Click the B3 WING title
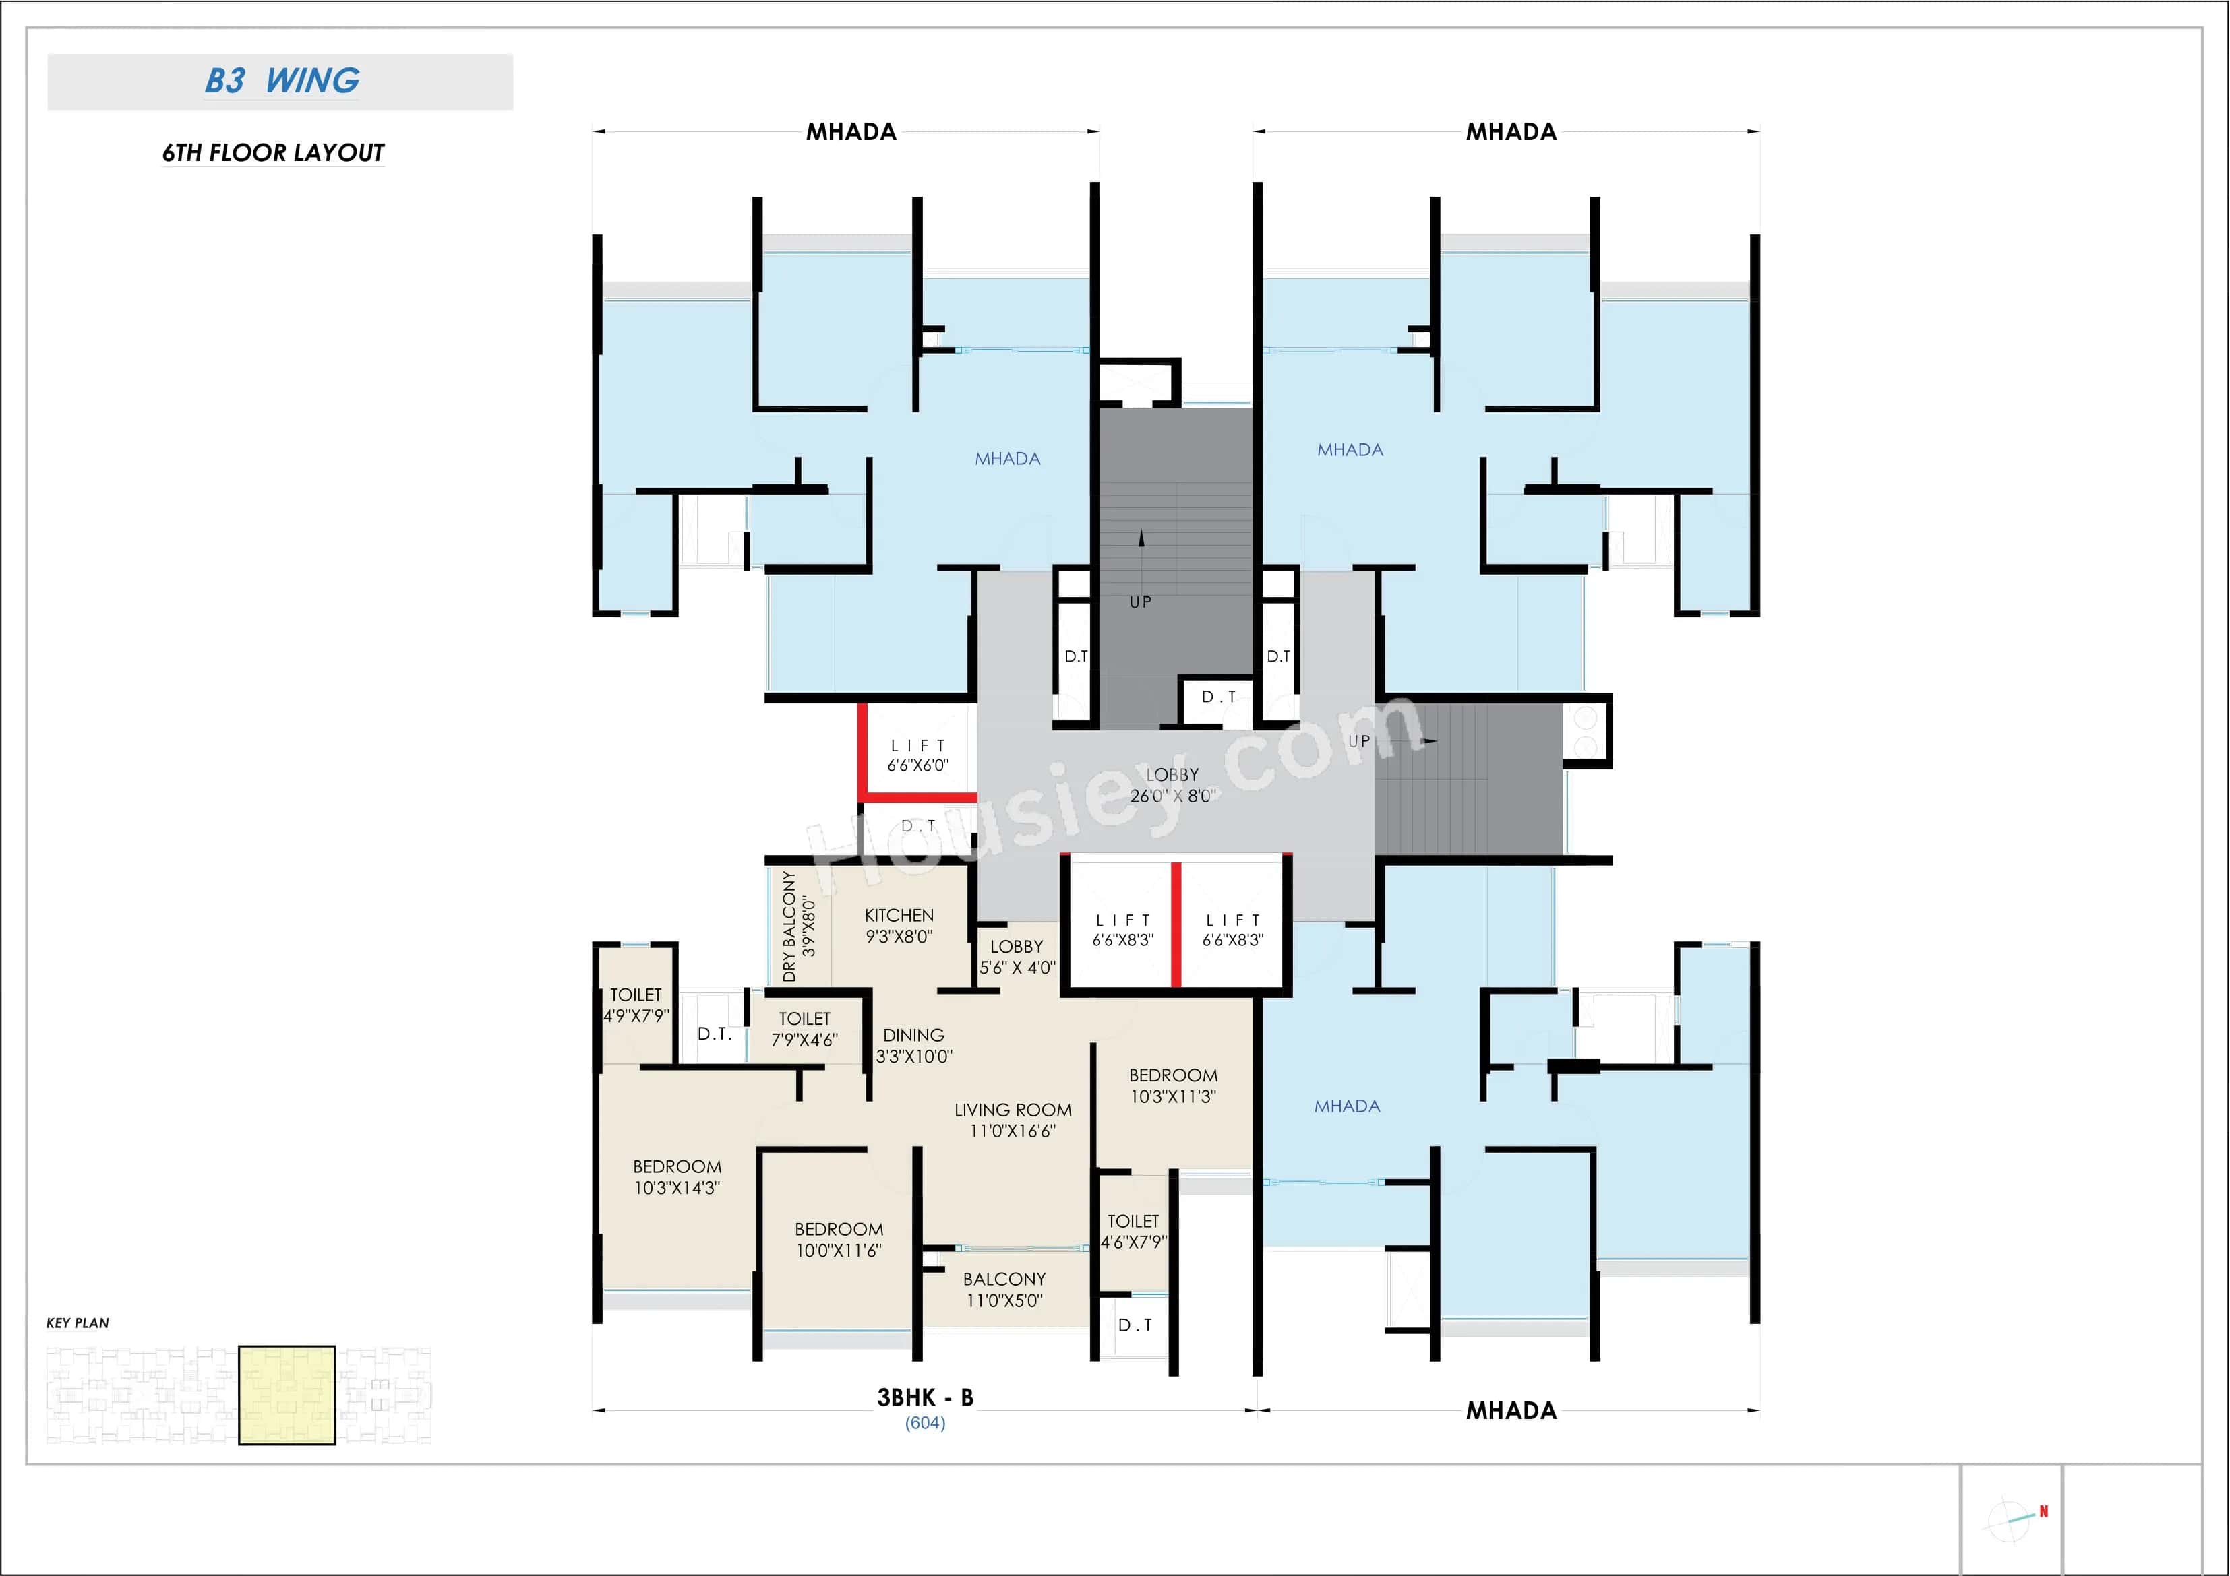pyautogui.click(x=282, y=81)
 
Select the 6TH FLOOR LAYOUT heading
pyautogui.click(x=273, y=152)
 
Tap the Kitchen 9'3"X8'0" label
pyautogui.click(x=899, y=925)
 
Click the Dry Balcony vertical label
pyautogui.click(x=798, y=925)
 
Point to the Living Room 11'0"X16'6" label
pyautogui.click(x=1012, y=1120)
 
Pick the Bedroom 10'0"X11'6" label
pyautogui.click(x=838, y=1240)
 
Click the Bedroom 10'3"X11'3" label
pyautogui.click(x=1172, y=1085)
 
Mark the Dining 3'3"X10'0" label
pyautogui.click(x=913, y=1046)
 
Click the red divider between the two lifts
pyautogui.click(x=1176, y=924)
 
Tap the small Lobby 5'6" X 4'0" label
pyautogui.click(x=1016, y=957)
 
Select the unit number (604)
pyautogui.click(x=925, y=1422)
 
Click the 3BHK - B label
pyautogui.click(x=925, y=1397)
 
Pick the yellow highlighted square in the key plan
pyautogui.click(x=287, y=1395)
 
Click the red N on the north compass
pyautogui.click(x=2043, y=1511)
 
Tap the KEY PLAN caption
pyautogui.click(x=78, y=1323)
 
